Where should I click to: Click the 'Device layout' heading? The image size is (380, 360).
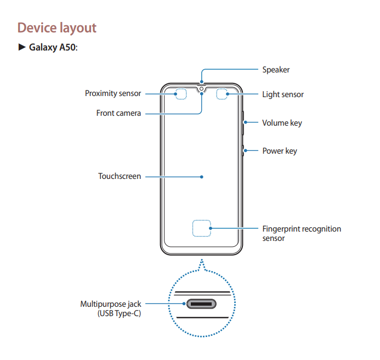click(x=57, y=27)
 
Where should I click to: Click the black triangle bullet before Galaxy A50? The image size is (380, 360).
click(x=22, y=48)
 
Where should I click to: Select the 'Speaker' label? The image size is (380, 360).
click(x=276, y=70)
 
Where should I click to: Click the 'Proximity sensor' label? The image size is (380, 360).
click(x=113, y=93)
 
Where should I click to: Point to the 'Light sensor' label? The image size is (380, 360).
click(x=282, y=94)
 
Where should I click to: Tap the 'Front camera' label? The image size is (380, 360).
click(x=119, y=113)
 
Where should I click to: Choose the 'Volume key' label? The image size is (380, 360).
click(x=282, y=123)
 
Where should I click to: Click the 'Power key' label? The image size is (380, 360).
click(x=279, y=151)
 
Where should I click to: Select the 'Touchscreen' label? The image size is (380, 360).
click(x=120, y=177)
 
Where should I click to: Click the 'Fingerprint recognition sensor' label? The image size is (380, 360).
click(x=301, y=233)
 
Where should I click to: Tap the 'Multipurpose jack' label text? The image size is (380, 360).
click(x=111, y=303)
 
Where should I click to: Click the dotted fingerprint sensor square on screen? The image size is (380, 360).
click(x=202, y=228)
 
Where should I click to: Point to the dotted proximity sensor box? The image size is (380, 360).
click(x=180, y=94)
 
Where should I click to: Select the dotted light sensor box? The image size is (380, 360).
click(x=223, y=94)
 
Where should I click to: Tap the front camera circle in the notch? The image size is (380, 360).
click(x=202, y=88)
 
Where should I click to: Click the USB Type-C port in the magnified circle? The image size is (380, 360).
click(x=202, y=304)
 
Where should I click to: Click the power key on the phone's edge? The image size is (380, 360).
click(x=242, y=150)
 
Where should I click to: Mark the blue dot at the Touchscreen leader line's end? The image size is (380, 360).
click(x=202, y=177)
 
